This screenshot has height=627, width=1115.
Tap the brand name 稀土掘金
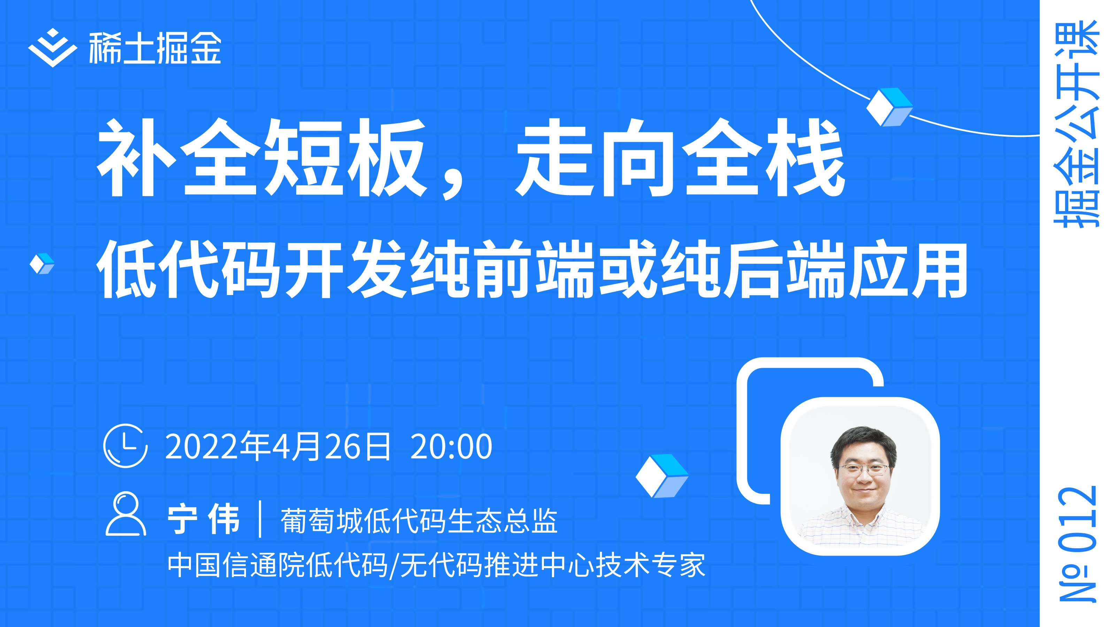pos(155,48)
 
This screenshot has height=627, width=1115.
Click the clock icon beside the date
pos(125,446)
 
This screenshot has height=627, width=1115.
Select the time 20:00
pos(451,447)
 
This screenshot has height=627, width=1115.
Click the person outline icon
pos(125,514)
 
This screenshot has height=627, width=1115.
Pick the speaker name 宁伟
pos(203,519)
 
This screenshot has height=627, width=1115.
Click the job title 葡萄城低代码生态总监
pos(419,520)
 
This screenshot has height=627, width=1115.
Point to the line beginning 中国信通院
pos(436,565)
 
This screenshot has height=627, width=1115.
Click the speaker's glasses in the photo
pos(863,469)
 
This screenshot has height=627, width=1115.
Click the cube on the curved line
pos(890,107)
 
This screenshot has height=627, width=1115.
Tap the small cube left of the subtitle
pos(42,264)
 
